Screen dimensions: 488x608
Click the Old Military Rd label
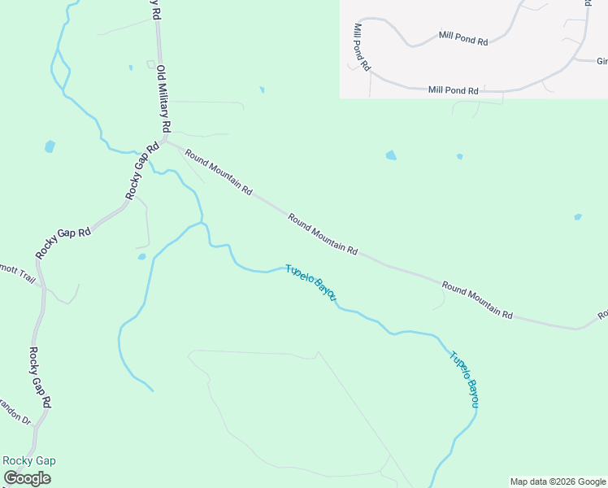tap(163, 99)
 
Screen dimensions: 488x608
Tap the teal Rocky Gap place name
tap(29, 460)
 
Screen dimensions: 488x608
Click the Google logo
tap(27, 478)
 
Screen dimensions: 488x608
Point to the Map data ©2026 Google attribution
tap(558, 481)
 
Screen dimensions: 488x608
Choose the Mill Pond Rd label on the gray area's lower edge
tap(454, 90)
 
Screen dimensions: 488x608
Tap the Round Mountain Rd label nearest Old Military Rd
tap(218, 172)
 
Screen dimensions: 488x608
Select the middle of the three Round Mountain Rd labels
tap(323, 234)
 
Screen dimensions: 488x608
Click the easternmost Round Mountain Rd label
tap(478, 300)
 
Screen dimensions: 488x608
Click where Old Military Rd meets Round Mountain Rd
tap(167, 141)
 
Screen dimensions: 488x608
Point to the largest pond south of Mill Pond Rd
tap(391, 155)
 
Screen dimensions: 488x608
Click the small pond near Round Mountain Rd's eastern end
tap(577, 217)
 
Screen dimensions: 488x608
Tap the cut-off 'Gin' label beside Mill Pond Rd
tap(601, 61)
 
